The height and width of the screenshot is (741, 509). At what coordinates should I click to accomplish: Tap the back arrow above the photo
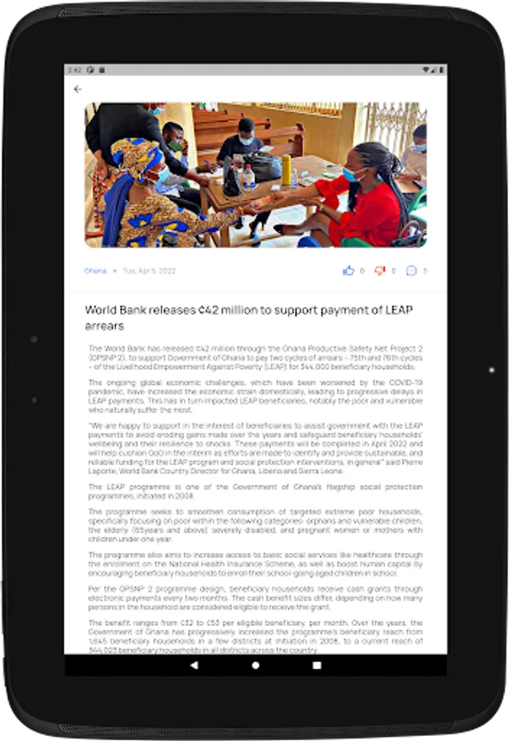78,89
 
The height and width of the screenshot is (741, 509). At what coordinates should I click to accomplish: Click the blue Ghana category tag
95,271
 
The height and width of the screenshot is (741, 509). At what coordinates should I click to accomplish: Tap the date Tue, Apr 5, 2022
149,271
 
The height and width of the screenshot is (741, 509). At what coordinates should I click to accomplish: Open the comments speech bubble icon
411,271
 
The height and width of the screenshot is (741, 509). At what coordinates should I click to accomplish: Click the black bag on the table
263,167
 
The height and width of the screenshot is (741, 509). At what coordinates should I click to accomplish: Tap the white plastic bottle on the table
248,177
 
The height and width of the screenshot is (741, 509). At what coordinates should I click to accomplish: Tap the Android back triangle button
194,664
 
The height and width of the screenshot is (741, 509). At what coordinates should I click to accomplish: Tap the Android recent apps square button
317,664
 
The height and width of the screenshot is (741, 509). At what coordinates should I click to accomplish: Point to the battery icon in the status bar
437,70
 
